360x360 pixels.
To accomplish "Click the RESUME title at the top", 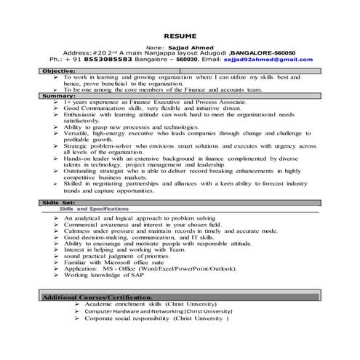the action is point(178,34).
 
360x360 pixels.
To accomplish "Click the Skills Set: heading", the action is point(59,202).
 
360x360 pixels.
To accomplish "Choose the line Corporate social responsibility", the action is point(156,319).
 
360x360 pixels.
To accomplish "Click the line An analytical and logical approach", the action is point(139,218).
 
